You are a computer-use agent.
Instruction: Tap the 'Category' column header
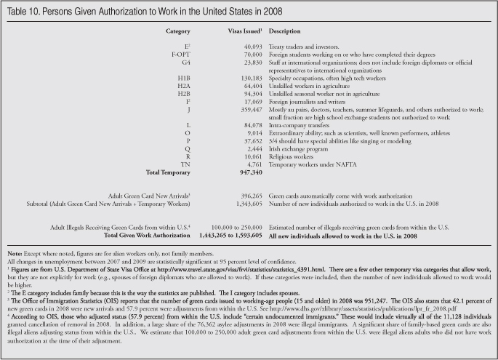178,33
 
